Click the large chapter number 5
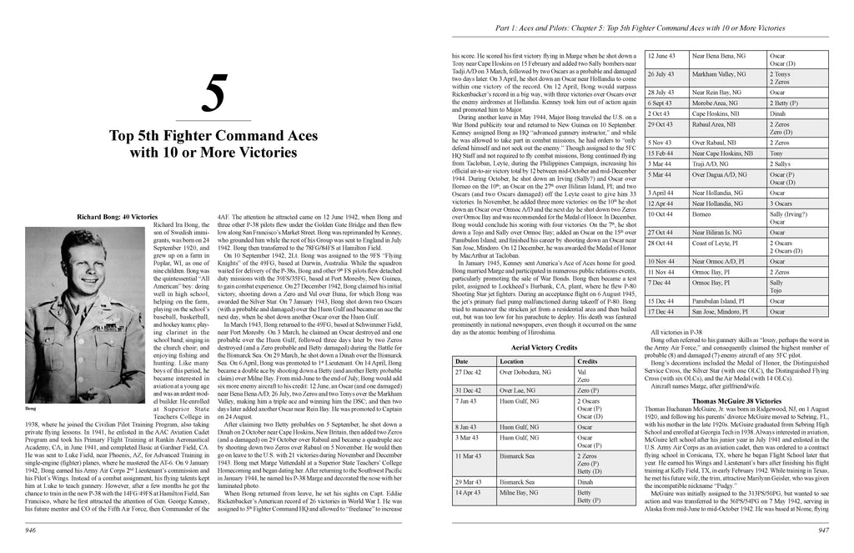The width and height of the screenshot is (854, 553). [214, 97]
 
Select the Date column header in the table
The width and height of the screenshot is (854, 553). [461, 360]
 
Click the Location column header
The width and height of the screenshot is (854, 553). [513, 360]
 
